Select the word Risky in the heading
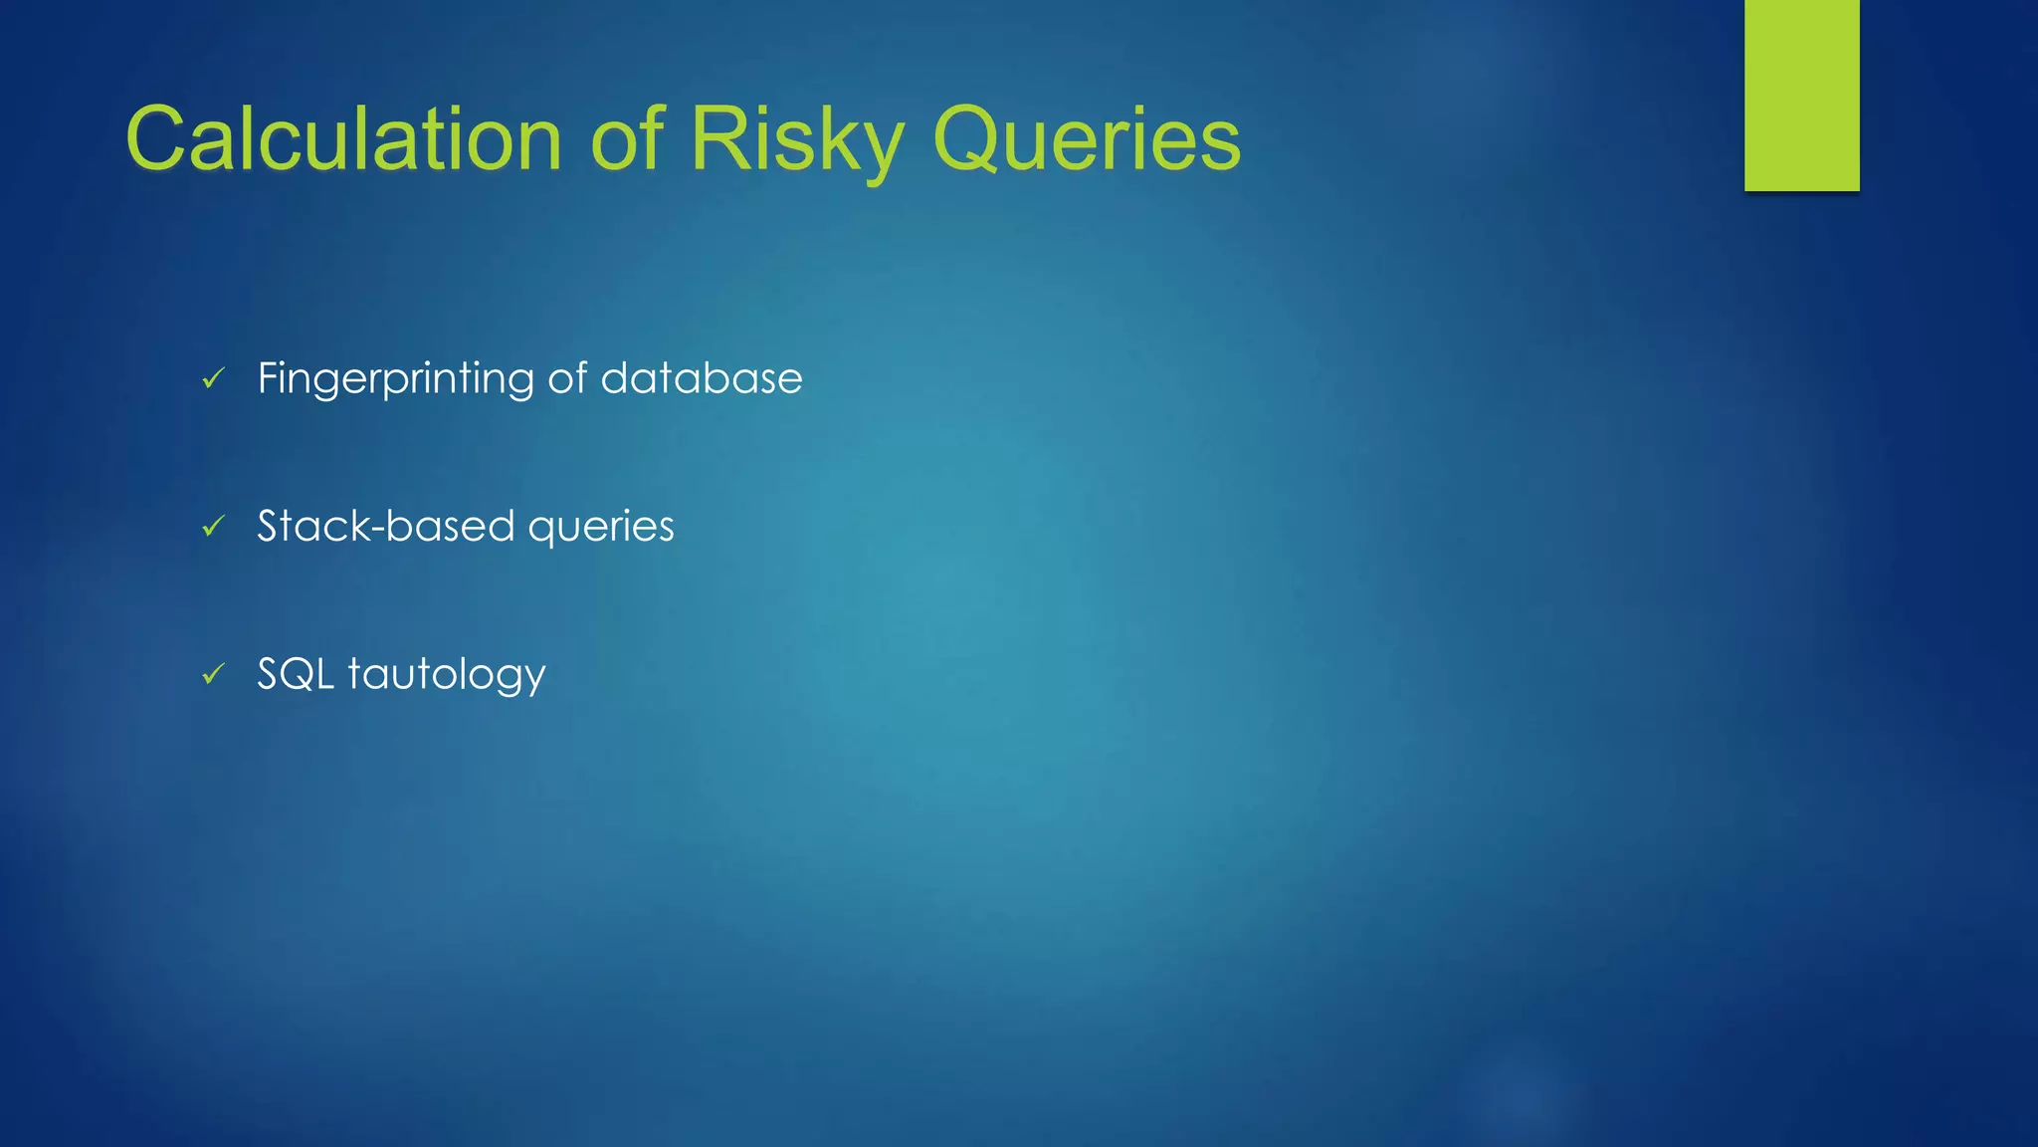coord(796,141)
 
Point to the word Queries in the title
coord(1087,141)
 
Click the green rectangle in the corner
coord(1801,95)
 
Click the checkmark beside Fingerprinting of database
coord(214,378)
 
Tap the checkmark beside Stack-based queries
coord(214,526)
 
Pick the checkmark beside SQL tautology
coord(214,674)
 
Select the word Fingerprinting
coord(395,379)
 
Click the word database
coord(701,378)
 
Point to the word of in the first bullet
coord(567,378)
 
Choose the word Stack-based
coord(386,526)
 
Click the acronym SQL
coord(295,674)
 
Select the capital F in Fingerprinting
coord(266,378)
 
